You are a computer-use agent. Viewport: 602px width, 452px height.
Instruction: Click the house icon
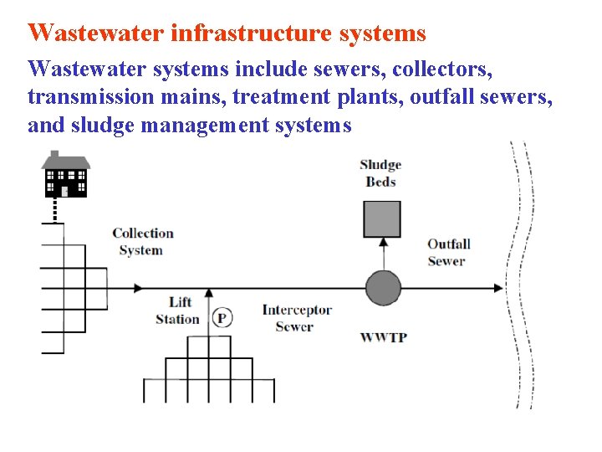click(66, 174)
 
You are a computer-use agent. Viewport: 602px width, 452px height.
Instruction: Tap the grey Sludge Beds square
click(382, 219)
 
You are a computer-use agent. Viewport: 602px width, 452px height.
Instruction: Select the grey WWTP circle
click(383, 288)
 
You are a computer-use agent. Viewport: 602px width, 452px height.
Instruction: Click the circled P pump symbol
click(222, 317)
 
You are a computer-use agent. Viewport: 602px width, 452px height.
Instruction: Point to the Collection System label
click(142, 242)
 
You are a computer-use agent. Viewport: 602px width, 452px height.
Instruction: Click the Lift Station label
click(178, 311)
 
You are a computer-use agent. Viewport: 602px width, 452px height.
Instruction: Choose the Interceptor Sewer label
click(297, 318)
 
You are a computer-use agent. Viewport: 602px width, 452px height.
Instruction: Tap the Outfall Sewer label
click(448, 252)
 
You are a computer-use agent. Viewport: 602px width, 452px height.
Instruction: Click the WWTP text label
click(383, 337)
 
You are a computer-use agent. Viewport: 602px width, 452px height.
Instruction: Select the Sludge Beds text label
click(380, 173)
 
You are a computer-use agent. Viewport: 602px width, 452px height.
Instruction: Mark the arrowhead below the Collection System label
click(136, 288)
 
